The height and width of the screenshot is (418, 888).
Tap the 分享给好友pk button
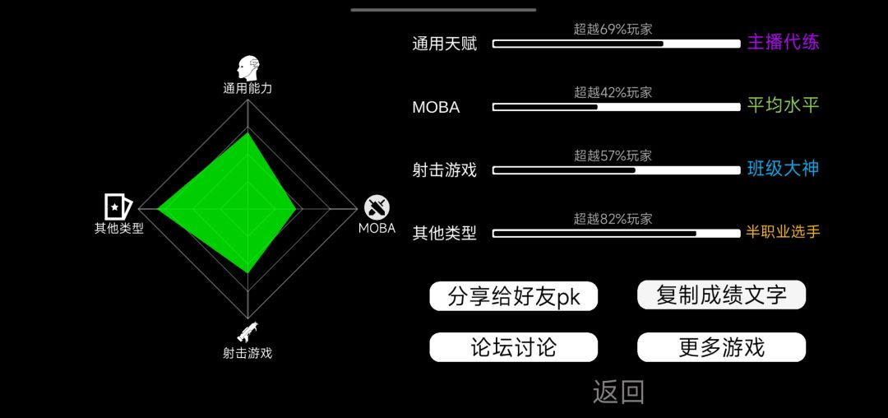tap(514, 296)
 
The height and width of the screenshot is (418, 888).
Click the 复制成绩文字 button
tap(722, 295)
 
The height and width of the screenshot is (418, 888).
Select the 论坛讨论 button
tap(514, 347)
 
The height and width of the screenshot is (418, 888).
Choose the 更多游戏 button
tap(722, 347)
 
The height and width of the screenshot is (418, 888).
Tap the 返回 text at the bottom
tap(618, 392)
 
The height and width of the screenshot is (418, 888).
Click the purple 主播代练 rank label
tap(784, 43)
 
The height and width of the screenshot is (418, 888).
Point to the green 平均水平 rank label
tap(784, 105)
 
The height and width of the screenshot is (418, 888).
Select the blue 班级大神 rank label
tap(784, 169)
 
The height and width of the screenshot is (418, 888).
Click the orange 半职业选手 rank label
tap(784, 232)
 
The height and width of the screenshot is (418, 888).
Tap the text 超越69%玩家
tap(613, 30)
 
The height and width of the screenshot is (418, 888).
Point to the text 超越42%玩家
tap(613, 92)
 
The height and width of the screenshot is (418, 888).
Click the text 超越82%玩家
tap(613, 219)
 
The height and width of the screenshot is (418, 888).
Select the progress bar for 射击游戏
tap(617, 170)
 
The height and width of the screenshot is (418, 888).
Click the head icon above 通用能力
tap(248, 68)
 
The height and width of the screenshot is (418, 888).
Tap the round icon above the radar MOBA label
tap(377, 207)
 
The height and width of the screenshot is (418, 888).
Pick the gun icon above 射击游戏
tap(247, 332)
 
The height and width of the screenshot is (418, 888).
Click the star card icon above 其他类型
tap(118, 207)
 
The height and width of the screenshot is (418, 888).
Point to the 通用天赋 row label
tap(445, 44)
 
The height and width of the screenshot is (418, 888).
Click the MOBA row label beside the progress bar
tap(436, 107)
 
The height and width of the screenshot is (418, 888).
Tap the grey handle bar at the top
tap(443, 10)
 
